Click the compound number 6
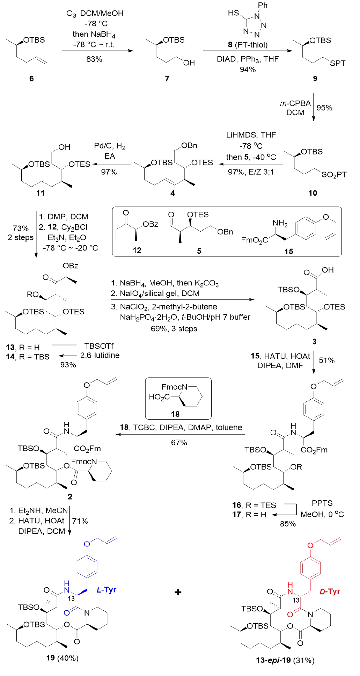click(31, 78)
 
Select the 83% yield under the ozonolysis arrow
click(94, 59)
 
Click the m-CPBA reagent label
click(295, 103)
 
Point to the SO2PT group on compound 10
click(334, 175)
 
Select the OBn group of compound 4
click(189, 146)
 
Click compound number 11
click(41, 193)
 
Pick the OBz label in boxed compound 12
click(150, 224)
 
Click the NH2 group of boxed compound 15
click(280, 223)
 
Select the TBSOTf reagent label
click(99, 346)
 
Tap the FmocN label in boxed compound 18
click(174, 387)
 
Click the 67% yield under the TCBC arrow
click(179, 442)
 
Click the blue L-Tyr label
click(106, 590)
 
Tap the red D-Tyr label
click(330, 591)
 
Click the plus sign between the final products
click(178, 592)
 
